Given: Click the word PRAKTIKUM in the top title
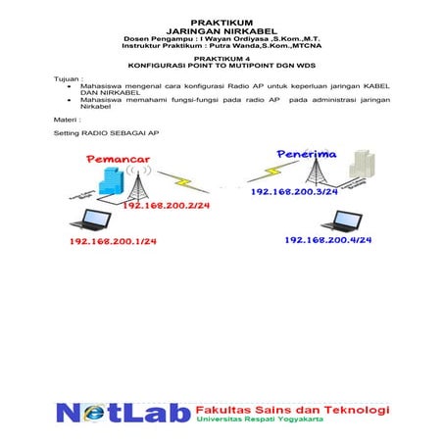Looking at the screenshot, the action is pos(222,21).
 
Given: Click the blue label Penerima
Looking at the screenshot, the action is pos(307,154).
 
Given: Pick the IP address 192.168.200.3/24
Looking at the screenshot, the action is pos(294,192).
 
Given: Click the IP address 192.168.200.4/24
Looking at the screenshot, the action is pos(328,239).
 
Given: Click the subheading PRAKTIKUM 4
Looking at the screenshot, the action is pos(222,58).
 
